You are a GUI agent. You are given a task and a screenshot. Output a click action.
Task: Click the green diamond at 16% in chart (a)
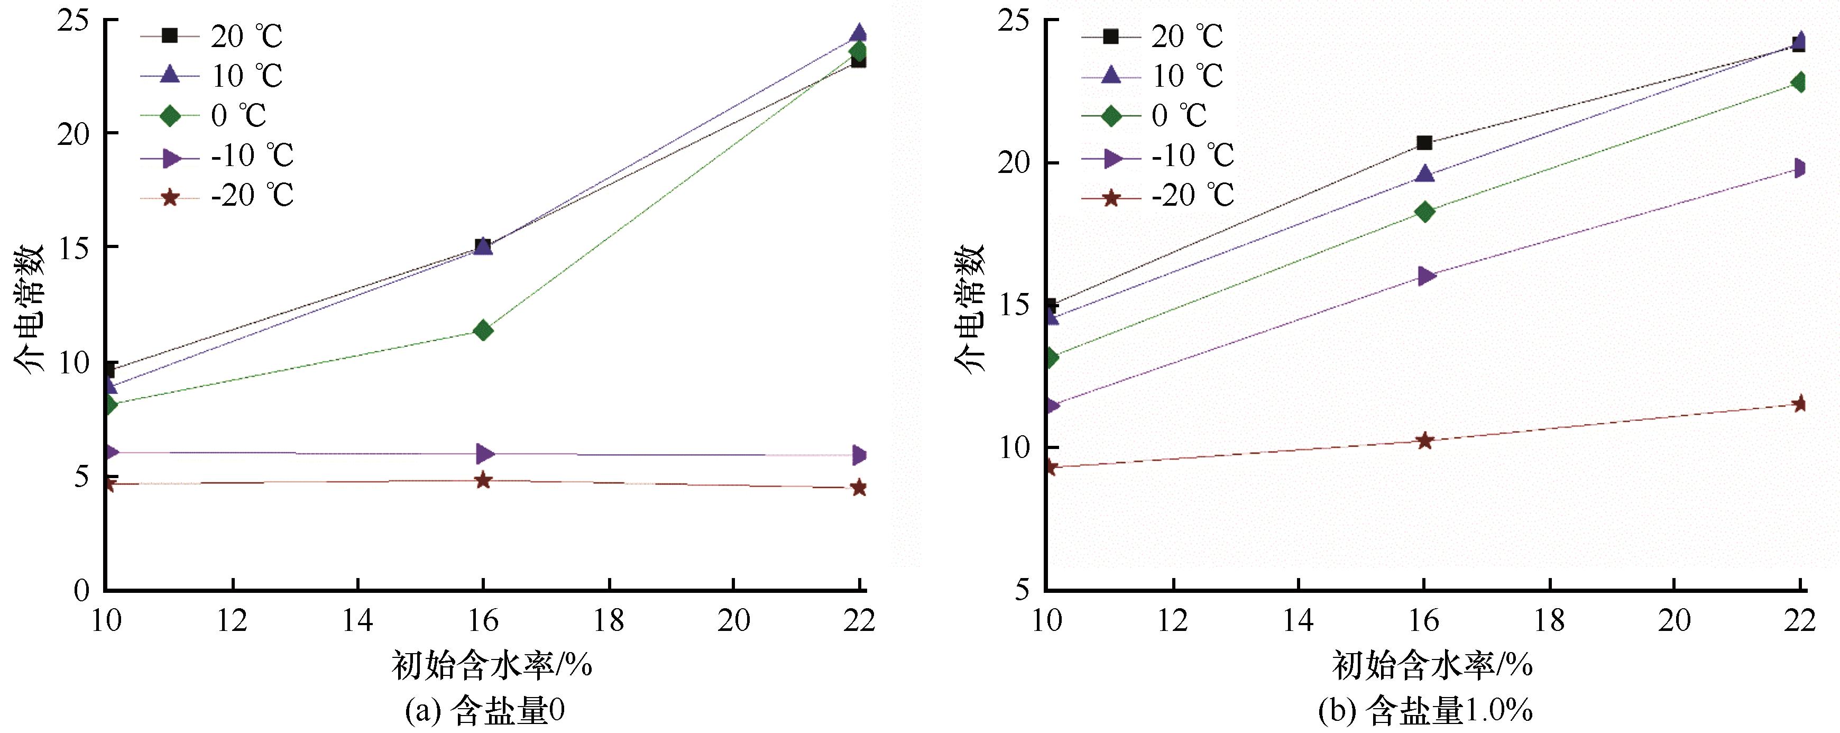[483, 330]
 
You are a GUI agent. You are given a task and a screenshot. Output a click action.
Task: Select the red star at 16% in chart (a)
[483, 480]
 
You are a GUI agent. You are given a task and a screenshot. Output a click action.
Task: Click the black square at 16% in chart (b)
[1423, 143]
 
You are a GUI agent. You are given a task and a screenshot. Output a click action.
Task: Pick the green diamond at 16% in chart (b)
[1423, 212]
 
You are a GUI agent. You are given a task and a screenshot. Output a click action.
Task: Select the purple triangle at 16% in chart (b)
[1423, 276]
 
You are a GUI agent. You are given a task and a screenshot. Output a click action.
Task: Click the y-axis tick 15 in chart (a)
[77, 247]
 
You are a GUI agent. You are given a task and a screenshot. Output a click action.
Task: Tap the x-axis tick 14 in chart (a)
[357, 621]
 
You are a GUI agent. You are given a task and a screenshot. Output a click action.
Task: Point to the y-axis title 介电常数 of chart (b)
[971, 307]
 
